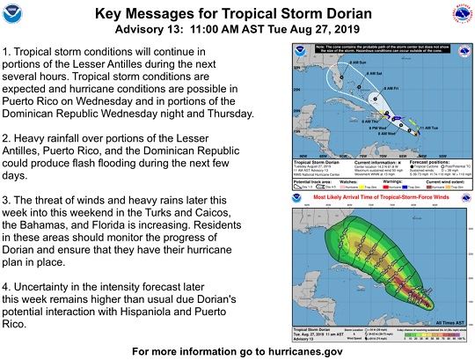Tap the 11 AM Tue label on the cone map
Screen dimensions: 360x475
431,129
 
